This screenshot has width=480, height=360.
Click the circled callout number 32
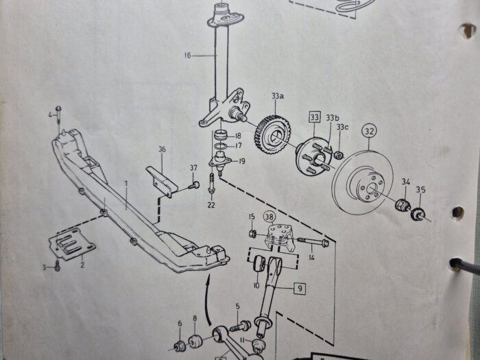pyautogui.click(x=369, y=131)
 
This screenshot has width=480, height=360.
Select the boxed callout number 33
pyautogui.click(x=315, y=117)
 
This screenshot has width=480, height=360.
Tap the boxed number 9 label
pyautogui.click(x=300, y=288)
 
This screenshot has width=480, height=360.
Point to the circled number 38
pyautogui.click(x=269, y=217)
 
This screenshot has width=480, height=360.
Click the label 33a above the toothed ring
pyautogui.click(x=277, y=96)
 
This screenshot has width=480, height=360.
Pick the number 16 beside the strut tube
pyautogui.click(x=188, y=56)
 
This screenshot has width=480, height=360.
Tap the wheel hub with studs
pyautogui.click(x=314, y=156)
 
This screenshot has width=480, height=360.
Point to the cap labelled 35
pyautogui.click(x=418, y=214)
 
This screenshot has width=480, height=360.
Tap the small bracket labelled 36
pyautogui.click(x=162, y=182)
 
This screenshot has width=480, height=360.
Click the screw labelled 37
pyautogui.click(x=194, y=185)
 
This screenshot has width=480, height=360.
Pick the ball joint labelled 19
pyautogui.click(x=220, y=161)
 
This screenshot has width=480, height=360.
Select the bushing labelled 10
pyautogui.click(x=260, y=264)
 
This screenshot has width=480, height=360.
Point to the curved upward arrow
pyautogui.click(x=208, y=299)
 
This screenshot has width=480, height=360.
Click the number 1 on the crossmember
pyautogui.click(x=125, y=184)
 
